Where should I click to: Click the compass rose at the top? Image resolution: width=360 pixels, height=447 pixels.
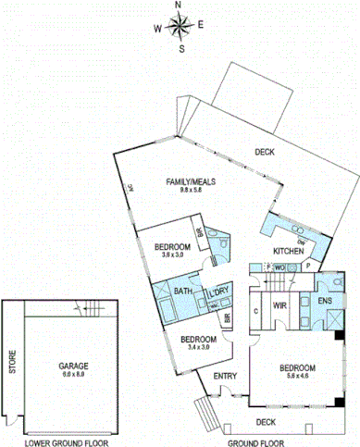point(179,26)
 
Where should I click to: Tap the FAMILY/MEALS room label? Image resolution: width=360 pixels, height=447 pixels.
point(191,181)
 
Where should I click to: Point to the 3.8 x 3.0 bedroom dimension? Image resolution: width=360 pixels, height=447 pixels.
point(172,255)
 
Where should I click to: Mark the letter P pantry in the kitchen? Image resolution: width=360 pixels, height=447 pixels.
point(308,265)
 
